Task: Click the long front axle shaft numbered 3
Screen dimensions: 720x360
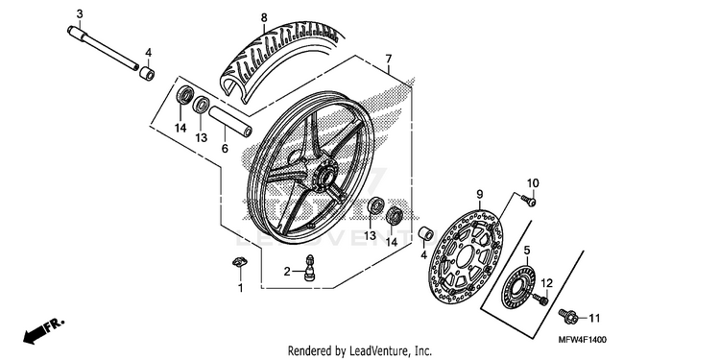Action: point(104,48)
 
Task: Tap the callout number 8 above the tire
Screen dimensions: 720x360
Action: point(264,18)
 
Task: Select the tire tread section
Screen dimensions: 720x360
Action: point(280,60)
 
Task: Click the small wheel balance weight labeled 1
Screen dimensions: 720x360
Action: point(240,263)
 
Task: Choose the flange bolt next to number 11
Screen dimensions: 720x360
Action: point(566,315)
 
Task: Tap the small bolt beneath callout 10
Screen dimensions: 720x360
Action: point(529,201)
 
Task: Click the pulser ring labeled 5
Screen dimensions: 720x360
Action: point(518,289)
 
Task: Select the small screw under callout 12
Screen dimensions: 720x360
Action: point(540,300)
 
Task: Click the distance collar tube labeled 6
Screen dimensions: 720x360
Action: point(230,122)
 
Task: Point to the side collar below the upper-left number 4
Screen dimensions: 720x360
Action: point(147,73)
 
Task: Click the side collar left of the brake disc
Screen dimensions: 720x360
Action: point(425,233)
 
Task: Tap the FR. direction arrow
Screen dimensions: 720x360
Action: point(43,331)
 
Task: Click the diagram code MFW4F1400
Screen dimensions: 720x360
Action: point(583,340)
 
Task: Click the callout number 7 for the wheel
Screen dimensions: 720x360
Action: point(389,60)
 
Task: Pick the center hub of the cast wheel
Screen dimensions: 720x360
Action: point(327,177)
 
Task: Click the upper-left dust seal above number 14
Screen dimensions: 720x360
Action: point(185,95)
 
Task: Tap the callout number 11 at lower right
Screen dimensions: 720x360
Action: point(594,318)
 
